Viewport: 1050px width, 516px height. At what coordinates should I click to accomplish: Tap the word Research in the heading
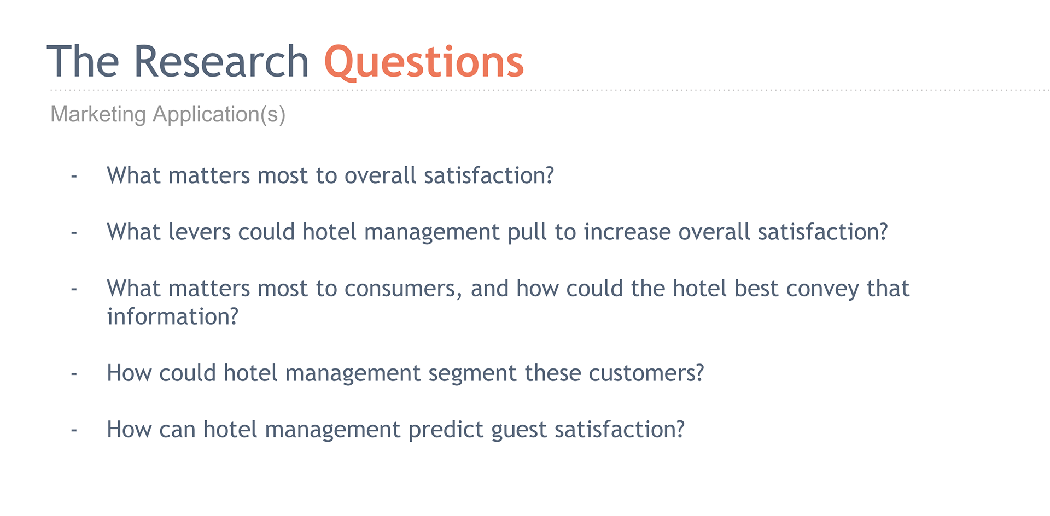point(221,61)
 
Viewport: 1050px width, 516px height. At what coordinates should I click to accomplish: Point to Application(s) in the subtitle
point(219,115)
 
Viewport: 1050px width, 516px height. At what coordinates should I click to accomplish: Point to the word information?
point(173,316)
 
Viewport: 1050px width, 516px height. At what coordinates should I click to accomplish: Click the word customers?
point(646,373)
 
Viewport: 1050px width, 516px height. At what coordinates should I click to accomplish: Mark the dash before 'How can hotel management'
point(74,431)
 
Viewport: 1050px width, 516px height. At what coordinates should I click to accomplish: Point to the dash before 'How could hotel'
point(74,374)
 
